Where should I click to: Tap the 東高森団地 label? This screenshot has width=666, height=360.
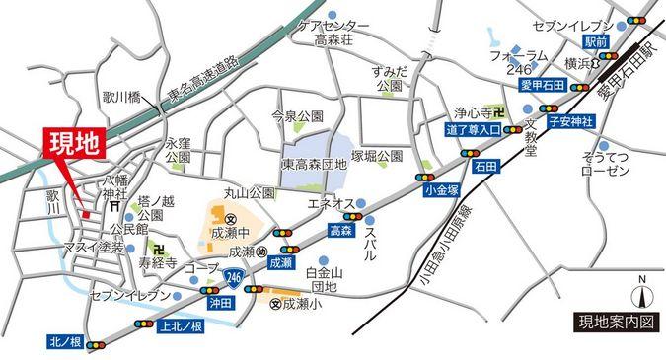coord(314,165)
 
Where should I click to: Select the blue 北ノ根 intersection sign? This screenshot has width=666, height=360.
coord(66,342)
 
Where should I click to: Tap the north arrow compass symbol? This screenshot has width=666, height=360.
coord(641,291)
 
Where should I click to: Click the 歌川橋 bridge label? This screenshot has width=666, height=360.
coord(121,97)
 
